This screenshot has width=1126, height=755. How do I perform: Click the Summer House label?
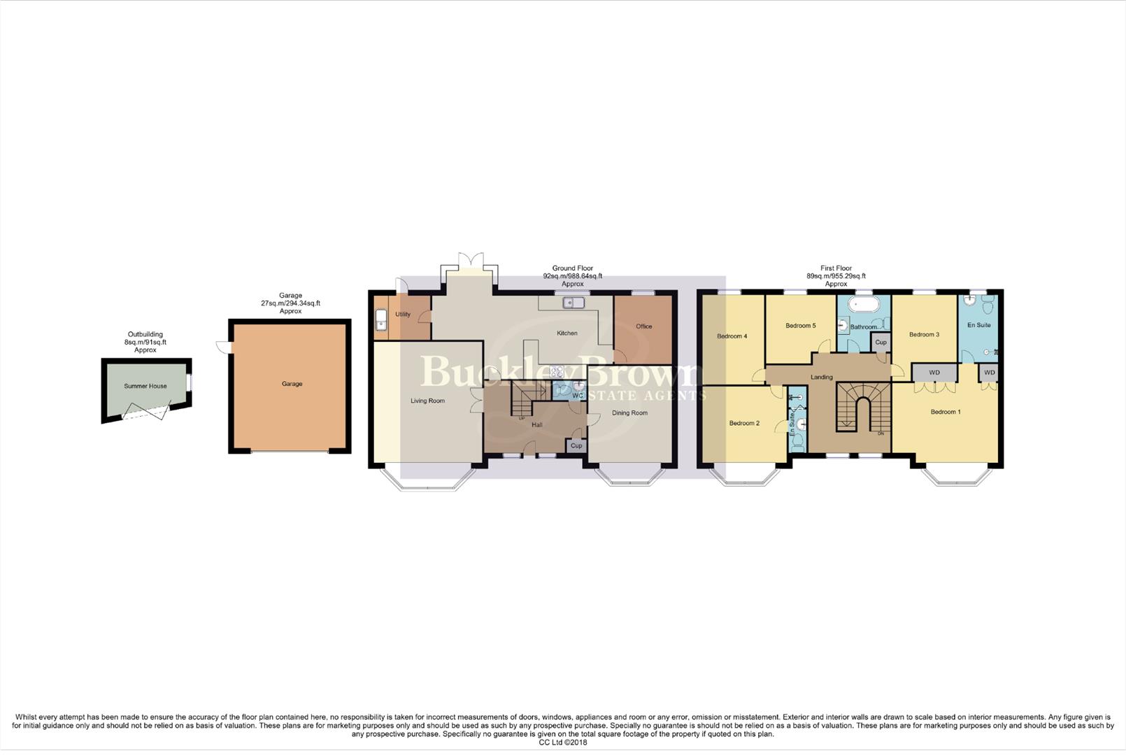(x=145, y=386)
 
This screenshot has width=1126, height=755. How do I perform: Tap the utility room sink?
(x=381, y=321)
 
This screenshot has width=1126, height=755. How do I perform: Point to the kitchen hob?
(x=557, y=372)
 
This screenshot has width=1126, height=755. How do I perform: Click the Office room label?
(x=643, y=326)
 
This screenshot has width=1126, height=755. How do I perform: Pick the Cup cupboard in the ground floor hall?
(x=576, y=446)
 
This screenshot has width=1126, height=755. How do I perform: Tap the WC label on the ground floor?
(x=577, y=396)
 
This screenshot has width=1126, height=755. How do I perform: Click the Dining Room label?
(x=629, y=413)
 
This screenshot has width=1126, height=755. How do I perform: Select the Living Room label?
(x=427, y=401)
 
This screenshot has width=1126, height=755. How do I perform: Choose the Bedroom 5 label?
(x=800, y=326)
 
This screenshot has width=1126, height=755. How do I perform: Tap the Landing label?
(x=821, y=377)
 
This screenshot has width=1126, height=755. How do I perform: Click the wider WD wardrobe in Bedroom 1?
(x=934, y=373)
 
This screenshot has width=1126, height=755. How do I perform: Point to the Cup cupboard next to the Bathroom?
(x=881, y=343)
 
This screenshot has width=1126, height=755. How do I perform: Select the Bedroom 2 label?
(x=743, y=423)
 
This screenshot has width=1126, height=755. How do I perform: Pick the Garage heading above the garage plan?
(x=290, y=296)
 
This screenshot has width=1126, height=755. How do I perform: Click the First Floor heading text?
(x=836, y=268)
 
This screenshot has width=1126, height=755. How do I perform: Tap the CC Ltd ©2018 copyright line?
(x=563, y=742)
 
